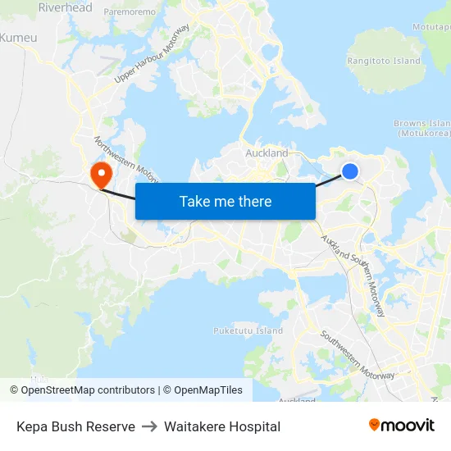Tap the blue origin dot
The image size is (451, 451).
(350, 171)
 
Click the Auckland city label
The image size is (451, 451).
(266, 153)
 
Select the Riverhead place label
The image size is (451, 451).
(65, 7)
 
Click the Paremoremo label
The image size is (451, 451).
(130, 12)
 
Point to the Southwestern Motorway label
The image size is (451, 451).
(358, 355)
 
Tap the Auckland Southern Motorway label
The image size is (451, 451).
(354, 275)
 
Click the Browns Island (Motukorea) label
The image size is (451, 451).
(422, 128)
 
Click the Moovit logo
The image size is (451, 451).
(402, 426)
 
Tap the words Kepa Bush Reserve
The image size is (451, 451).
(75, 426)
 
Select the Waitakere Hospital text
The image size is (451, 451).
(222, 426)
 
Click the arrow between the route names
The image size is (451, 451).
(149, 426)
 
